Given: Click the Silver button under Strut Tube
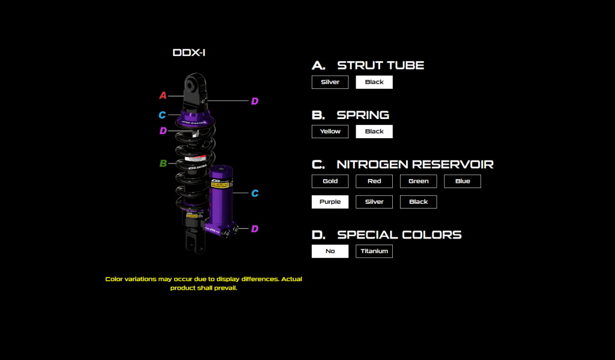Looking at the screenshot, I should (330, 82).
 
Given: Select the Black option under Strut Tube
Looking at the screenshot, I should (374, 82).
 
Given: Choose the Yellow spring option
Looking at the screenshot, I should (330, 132).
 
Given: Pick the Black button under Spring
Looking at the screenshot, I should (374, 132).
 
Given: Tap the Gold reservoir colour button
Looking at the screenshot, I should (330, 181).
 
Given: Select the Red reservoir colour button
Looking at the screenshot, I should (374, 181).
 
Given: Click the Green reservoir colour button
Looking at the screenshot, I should (418, 181).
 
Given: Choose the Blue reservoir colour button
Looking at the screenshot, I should (462, 181).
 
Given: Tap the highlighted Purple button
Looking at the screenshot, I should (330, 202).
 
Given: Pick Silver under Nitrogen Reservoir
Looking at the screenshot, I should (374, 202).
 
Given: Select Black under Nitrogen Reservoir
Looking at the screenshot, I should (418, 202).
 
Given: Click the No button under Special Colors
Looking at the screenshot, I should (330, 251).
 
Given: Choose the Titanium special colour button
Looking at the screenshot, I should (374, 251).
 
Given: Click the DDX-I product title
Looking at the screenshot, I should (189, 53).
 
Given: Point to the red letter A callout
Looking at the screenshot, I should (163, 96).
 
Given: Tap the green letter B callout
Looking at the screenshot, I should (163, 163).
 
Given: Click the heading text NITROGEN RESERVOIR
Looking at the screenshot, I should (415, 164).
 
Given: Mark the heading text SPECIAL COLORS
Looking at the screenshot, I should (399, 234).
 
